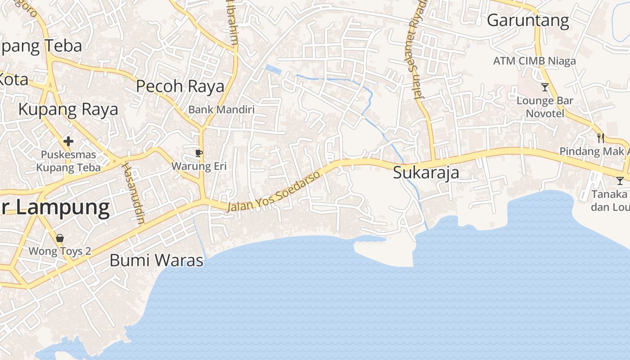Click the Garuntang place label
[x=528, y=21]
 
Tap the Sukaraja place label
[x=426, y=173]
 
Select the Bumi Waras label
[x=157, y=260]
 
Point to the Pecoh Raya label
[x=180, y=86]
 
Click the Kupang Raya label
[x=68, y=109]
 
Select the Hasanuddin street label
[x=134, y=193]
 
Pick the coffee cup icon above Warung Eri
[x=199, y=153]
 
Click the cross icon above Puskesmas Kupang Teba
[x=68, y=142]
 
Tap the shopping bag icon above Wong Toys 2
[x=60, y=238]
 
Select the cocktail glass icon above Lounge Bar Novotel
[x=545, y=87]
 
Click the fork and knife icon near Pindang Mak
[x=600, y=138]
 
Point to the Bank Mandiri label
[x=221, y=109]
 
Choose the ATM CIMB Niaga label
[x=534, y=61]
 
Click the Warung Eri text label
[x=199, y=166]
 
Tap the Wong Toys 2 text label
[x=60, y=251]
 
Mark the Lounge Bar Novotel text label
[x=545, y=107]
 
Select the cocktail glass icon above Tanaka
[x=620, y=181]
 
